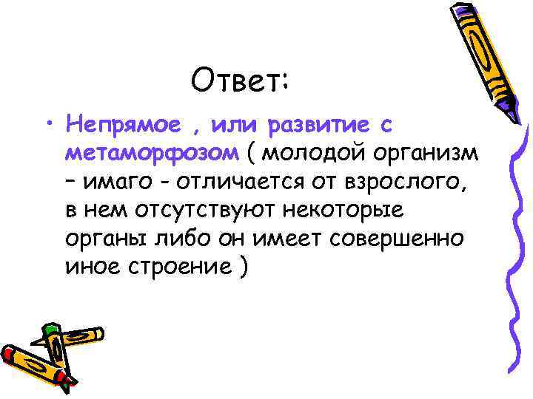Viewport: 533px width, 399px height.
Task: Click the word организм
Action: [432, 154]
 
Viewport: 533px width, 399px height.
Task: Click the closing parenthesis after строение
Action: [243, 267]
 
